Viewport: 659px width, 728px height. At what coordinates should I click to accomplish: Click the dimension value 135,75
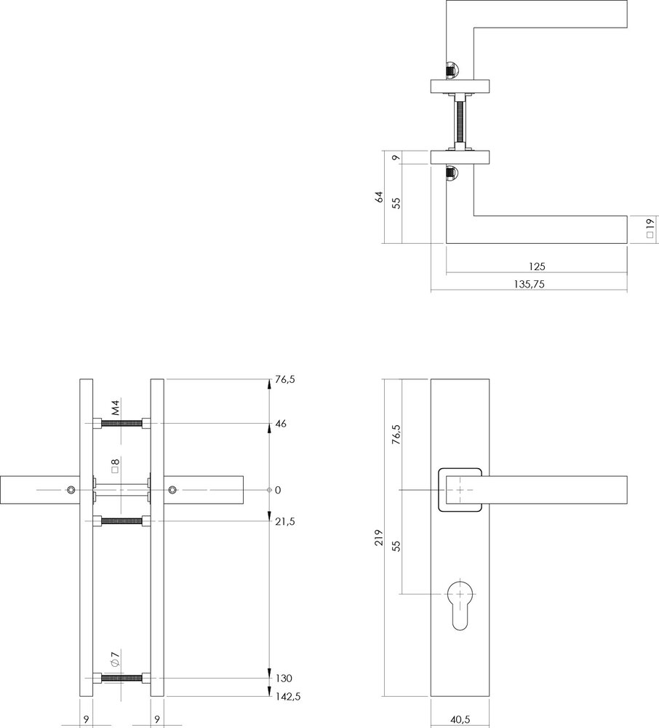tap(529, 285)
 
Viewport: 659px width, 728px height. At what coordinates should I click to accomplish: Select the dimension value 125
tap(537, 267)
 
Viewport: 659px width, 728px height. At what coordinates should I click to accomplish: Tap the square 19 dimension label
tap(650, 230)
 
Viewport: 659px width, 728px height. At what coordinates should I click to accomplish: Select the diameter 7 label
tap(114, 660)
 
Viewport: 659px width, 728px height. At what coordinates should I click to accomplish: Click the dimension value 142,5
tap(288, 696)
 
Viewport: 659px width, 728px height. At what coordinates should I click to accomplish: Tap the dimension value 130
tap(284, 678)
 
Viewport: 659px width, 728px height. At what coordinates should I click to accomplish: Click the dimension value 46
tap(281, 424)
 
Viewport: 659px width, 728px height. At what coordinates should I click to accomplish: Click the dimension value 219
tap(379, 539)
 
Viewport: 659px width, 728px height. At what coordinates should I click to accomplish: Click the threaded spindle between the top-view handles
tap(460, 124)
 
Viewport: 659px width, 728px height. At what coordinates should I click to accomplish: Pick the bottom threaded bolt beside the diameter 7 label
tap(122, 678)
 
